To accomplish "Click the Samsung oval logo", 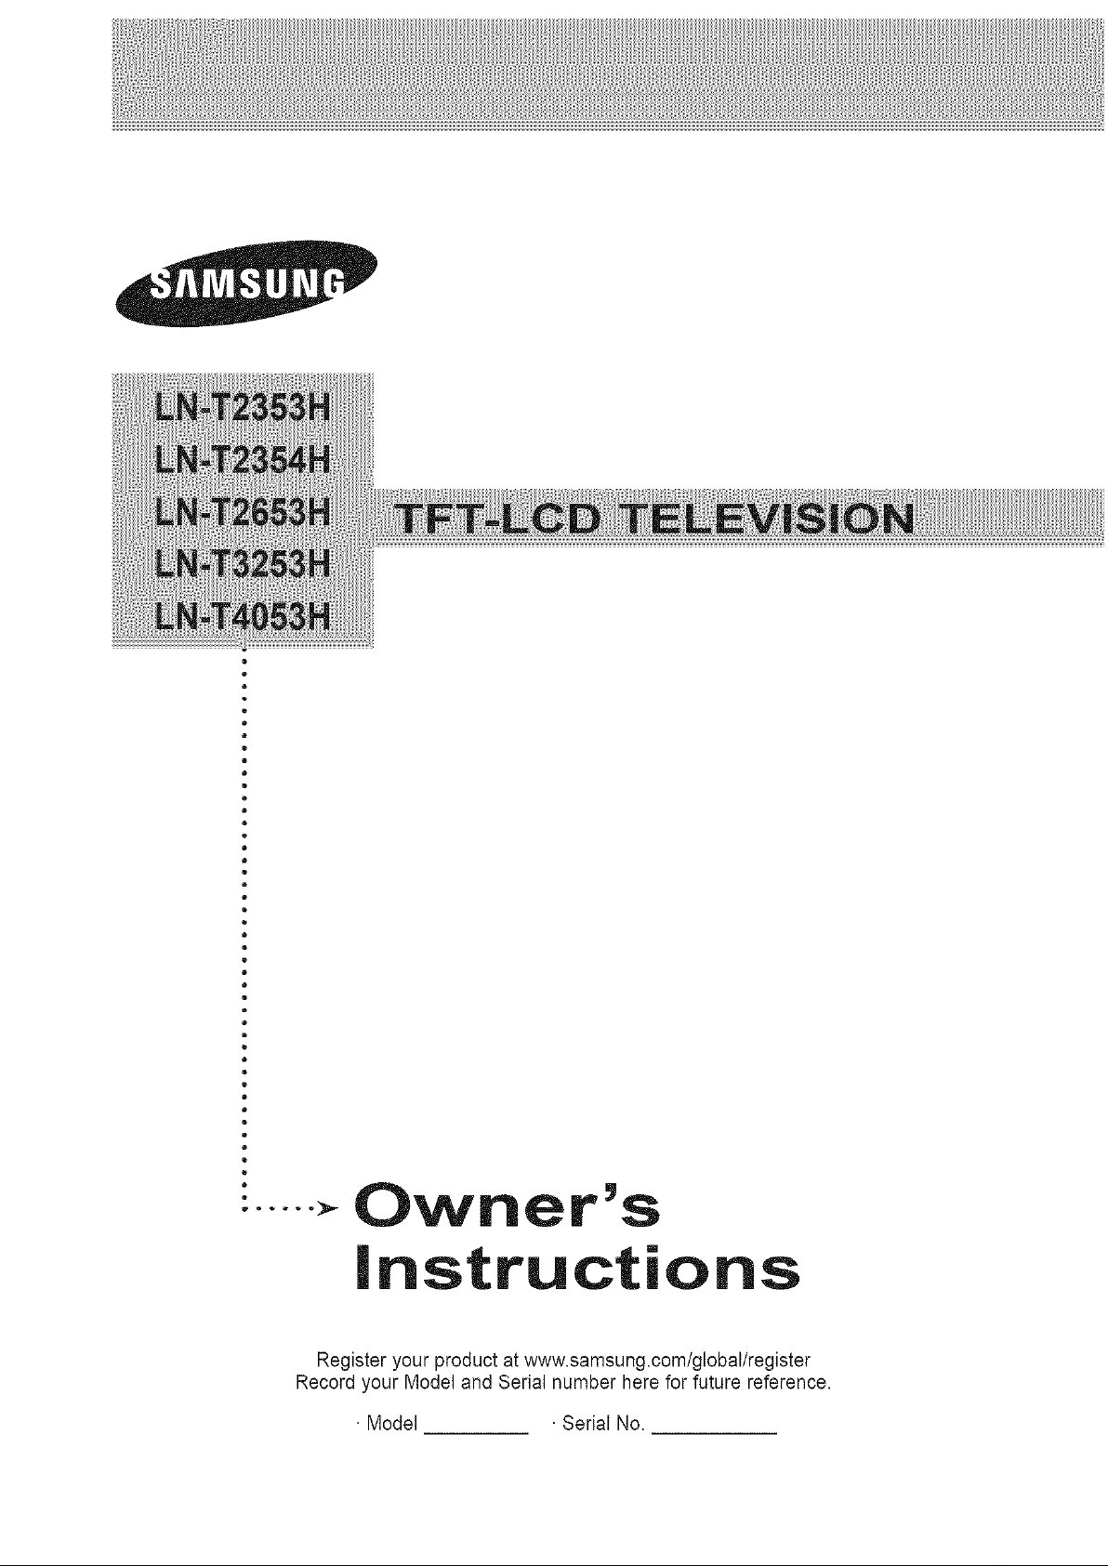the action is [x=246, y=283].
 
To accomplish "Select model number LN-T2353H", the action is [x=242, y=407].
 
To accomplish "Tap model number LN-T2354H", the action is [x=242, y=460].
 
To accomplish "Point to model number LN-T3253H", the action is [x=242, y=563].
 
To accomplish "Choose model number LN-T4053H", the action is [x=242, y=616].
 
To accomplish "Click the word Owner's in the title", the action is [x=507, y=1207].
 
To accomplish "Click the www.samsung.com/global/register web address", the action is [x=666, y=1360].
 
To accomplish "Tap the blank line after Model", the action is [x=475, y=1433].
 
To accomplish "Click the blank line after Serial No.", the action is [x=714, y=1433].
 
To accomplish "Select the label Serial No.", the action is [x=602, y=1424].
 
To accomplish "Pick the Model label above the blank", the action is [x=392, y=1424].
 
